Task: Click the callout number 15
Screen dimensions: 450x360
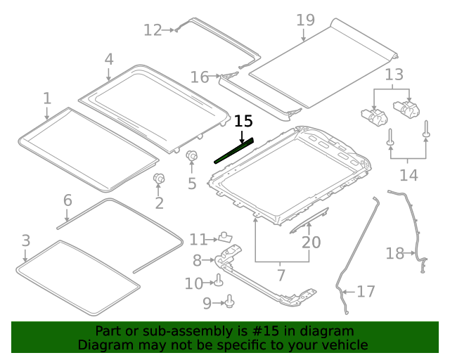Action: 243,121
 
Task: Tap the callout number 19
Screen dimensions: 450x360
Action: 305,20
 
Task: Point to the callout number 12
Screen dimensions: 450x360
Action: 152,30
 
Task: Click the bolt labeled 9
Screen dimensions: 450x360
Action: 230,302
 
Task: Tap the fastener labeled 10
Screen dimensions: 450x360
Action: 219,282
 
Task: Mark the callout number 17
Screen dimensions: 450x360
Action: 366,291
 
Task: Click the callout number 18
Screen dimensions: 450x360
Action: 394,253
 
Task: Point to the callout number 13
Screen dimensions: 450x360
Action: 394,74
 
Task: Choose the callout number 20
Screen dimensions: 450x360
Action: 311,243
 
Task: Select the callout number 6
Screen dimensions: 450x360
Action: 67,200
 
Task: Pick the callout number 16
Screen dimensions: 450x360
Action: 200,77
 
